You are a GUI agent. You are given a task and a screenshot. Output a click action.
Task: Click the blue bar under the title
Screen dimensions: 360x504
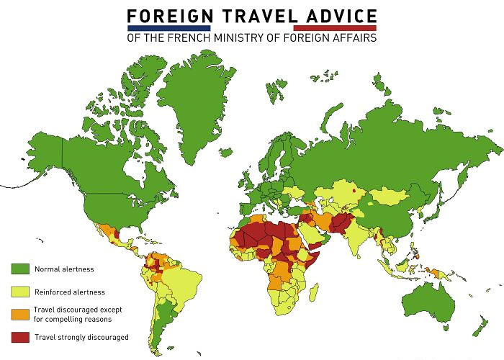point(168,28)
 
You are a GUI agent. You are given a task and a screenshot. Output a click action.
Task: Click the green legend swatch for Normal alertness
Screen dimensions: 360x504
point(20,269)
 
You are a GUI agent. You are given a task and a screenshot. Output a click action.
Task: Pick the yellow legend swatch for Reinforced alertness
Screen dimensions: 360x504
point(20,292)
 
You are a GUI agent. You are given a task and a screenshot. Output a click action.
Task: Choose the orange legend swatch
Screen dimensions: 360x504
point(20,314)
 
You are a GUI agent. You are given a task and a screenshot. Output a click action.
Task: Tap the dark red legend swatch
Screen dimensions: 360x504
point(20,336)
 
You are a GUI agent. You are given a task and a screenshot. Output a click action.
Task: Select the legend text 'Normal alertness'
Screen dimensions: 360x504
point(64,269)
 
